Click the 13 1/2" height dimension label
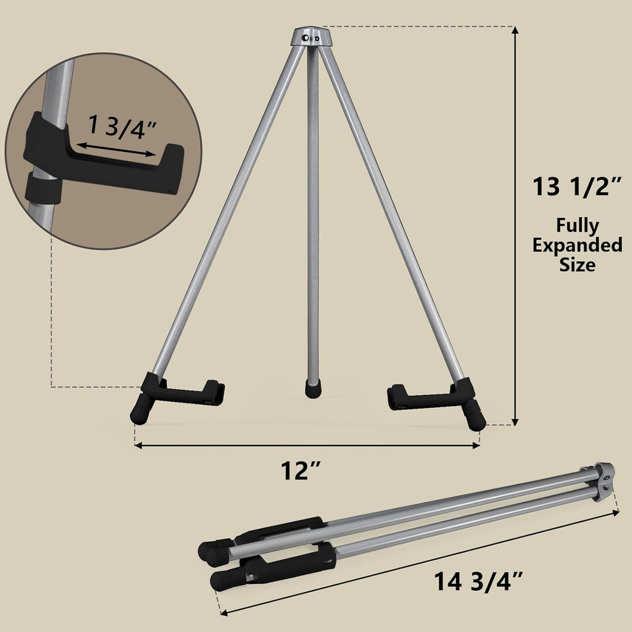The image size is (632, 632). coord(576,186)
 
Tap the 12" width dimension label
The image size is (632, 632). coord(302,472)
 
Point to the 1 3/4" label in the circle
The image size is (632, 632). coord(122,127)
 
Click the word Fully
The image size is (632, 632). coord(577,225)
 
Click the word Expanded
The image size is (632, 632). coord(577,245)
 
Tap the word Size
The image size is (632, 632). coord(577,265)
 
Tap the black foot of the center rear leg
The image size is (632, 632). coord(314,388)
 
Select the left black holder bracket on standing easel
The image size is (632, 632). coord(185,391)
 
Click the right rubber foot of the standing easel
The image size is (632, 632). coord(476,417)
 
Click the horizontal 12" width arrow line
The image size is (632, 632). coord(307,445)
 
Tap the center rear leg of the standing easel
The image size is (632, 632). coord(314,216)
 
